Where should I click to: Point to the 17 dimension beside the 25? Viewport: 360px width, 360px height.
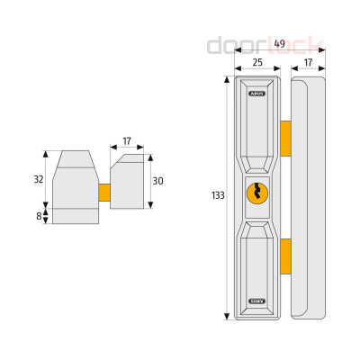click(x=309, y=62)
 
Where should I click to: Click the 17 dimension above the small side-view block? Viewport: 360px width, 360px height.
click(x=127, y=140)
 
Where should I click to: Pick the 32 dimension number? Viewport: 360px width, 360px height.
click(x=39, y=179)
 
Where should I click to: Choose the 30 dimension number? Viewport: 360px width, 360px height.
click(x=159, y=180)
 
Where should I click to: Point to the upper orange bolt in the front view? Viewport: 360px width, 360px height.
click(x=285, y=137)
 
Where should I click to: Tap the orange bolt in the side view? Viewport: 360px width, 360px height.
click(x=104, y=193)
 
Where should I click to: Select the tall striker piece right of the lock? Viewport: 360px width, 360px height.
click(x=307, y=198)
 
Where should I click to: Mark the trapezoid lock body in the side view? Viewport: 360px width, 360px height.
click(x=75, y=184)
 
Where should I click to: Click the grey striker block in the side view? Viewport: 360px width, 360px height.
click(x=128, y=184)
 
